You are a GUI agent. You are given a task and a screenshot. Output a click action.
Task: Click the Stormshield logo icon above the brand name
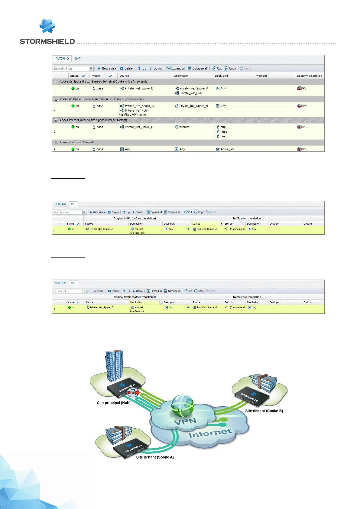(47, 26)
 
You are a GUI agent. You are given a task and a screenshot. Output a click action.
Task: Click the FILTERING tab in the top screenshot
(62, 59)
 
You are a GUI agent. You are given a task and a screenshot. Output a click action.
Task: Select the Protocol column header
(261, 76)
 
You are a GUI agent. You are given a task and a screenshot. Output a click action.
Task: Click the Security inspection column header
(309, 76)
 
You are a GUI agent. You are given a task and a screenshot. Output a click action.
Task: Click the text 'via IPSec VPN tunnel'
(133, 115)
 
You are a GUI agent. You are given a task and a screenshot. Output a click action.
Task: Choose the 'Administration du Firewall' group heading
(76, 142)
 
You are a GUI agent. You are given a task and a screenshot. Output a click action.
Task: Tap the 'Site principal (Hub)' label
(114, 403)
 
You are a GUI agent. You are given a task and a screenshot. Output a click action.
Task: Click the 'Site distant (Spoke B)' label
(264, 411)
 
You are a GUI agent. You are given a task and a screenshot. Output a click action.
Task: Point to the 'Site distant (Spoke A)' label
(155, 457)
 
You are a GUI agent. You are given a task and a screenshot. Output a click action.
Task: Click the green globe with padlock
(182, 405)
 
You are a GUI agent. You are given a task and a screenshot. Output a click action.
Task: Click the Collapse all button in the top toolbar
(198, 69)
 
